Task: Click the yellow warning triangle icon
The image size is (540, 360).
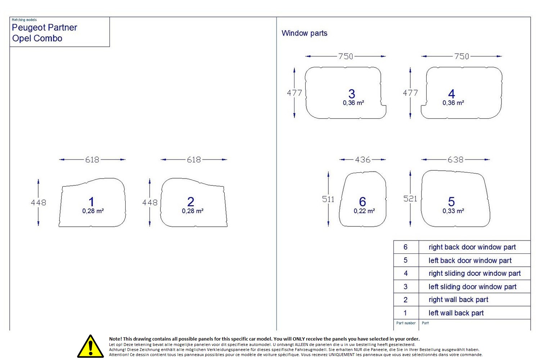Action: click(x=90, y=346)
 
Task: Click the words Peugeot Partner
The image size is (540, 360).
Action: click(x=44, y=28)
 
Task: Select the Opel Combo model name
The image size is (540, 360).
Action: click(x=37, y=38)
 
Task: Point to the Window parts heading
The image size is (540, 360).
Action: click(x=304, y=33)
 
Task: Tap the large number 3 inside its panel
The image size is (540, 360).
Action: click(x=352, y=94)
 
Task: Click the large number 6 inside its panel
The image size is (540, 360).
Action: click(x=363, y=202)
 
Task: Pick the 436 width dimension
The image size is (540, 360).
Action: click(x=363, y=159)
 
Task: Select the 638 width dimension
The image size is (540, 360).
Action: click(x=455, y=159)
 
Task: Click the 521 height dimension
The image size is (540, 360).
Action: click(x=410, y=199)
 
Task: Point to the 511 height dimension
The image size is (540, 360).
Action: click(x=328, y=199)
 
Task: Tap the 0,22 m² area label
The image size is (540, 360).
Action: click(x=364, y=211)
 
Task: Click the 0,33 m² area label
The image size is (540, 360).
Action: click(x=453, y=211)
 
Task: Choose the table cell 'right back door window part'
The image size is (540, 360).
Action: click(x=472, y=247)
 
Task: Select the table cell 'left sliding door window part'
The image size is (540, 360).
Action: click(x=472, y=287)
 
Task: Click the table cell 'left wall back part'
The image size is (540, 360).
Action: click(x=456, y=313)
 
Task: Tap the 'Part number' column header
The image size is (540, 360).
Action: click(x=406, y=323)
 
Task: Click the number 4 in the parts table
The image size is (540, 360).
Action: click(x=406, y=274)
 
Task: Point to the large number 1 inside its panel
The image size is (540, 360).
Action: click(x=91, y=202)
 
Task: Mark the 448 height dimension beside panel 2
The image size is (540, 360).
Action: click(x=150, y=203)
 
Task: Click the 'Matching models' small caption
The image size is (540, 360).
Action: click(x=24, y=20)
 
